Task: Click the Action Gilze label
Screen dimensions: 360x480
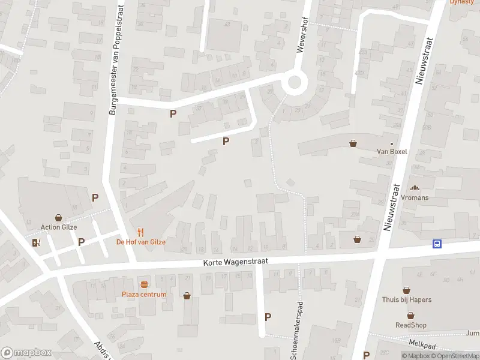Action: (x=59, y=227)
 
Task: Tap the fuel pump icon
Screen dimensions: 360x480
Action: (x=37, y=242)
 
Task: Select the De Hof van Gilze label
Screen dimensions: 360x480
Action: (x=140, y=242)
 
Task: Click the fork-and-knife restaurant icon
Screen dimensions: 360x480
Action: (x=140, y=232)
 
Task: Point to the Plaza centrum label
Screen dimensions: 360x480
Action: (x=144, y=295)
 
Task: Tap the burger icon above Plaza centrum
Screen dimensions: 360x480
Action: (x=144, y=284)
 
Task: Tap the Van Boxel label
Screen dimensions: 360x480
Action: (x=392, y=152)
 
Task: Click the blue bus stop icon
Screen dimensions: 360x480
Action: (x=438, y=244)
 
